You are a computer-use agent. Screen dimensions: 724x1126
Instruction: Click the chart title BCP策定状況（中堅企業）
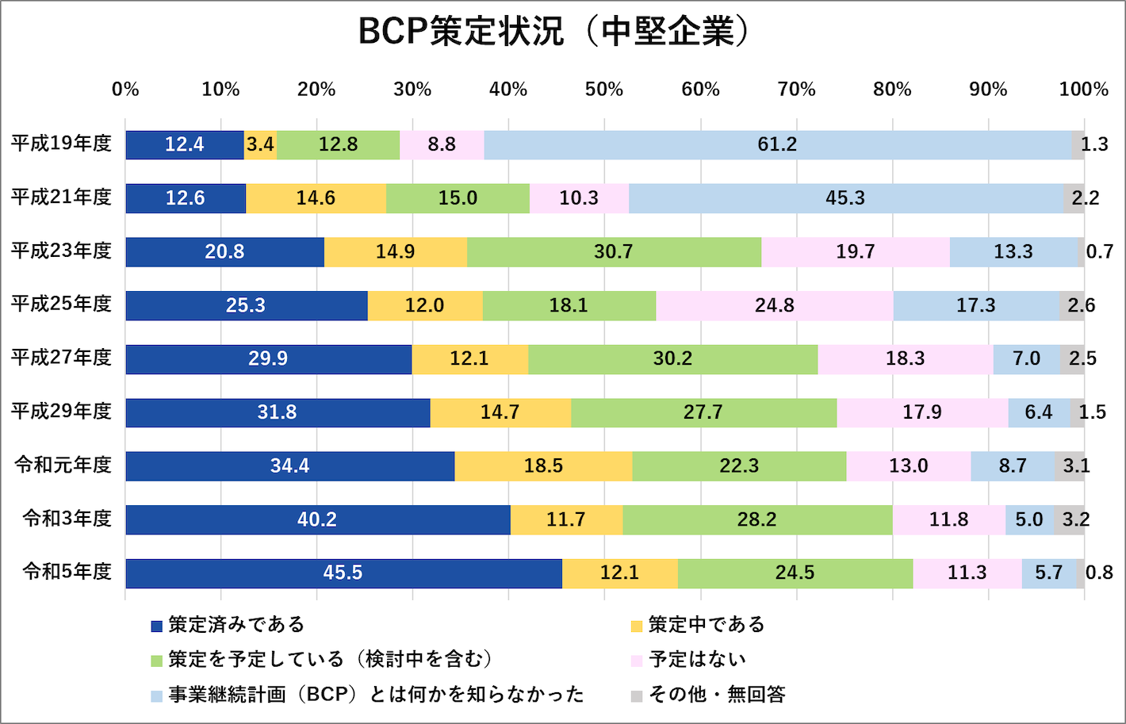click(x=553, y=32)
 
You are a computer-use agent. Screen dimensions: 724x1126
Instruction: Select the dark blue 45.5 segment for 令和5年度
click(x=343, y=573)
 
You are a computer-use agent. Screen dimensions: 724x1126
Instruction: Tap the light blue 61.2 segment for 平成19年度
click(x=777, y=144)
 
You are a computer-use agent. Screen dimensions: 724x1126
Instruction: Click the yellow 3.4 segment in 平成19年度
click(x=260, y=144)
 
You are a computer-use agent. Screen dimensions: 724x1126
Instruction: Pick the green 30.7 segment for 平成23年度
click(x=614, y=251)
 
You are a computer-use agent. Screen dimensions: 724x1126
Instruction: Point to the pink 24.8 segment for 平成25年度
click(x=774, y=305)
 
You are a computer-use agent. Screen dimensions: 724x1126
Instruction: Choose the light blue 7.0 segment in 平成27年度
click(x=1026, y=358)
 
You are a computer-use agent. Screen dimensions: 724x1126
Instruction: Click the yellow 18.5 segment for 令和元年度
click(x=543, y=465)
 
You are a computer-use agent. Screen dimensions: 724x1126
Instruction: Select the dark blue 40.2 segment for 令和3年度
click(x=317, y=519)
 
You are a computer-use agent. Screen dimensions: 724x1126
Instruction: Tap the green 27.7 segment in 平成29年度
click(x=703, y=412)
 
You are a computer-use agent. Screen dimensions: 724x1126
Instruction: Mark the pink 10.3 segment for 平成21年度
click(x=579, y=198)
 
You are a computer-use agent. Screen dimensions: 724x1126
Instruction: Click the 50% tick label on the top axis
click(x=604, y=90)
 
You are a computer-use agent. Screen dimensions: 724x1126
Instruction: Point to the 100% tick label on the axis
click(x=1083, y=90)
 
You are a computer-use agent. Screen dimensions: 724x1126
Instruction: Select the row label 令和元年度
click(x=63, y=465)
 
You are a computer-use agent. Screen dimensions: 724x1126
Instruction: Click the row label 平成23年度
click(x=61, y=251)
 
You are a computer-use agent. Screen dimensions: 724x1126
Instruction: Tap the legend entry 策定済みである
click(x=236, y=625)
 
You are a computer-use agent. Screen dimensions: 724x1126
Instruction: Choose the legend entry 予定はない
click(x=697, y=659)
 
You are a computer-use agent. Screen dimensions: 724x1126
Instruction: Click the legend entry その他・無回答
click(x=717, y=695)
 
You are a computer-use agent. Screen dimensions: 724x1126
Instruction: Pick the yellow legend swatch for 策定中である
click(x=636, y=626)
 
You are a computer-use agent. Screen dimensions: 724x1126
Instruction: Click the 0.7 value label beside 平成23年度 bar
click(x=1099, y=251)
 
